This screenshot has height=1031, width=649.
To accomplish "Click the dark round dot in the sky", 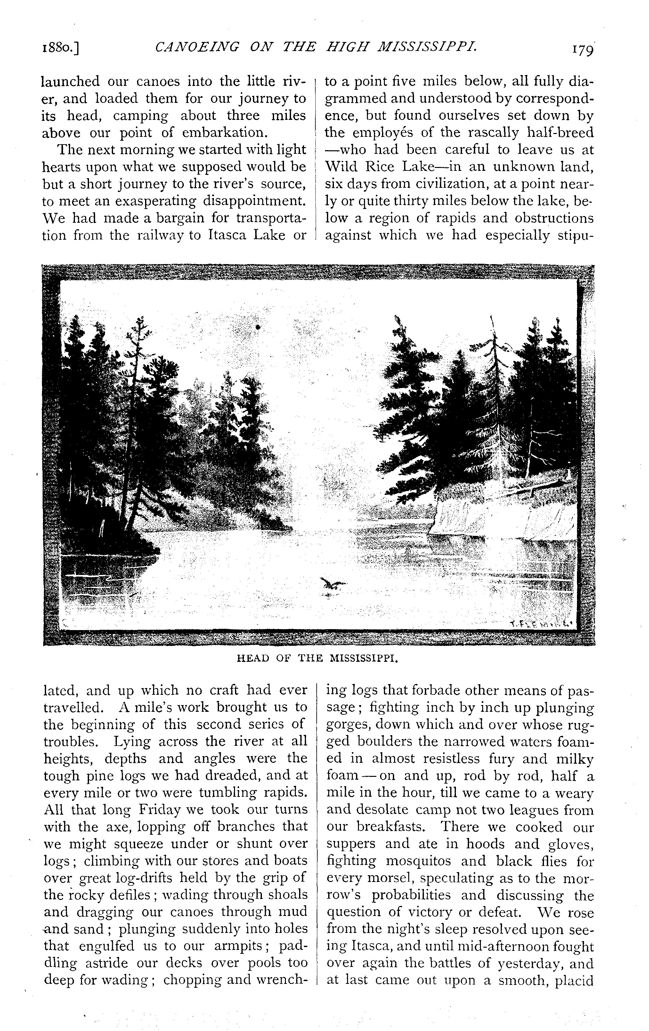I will (258, 327).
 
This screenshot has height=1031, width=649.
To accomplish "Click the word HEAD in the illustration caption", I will (252, 659).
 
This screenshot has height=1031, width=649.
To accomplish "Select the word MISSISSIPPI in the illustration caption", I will (364, 659).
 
